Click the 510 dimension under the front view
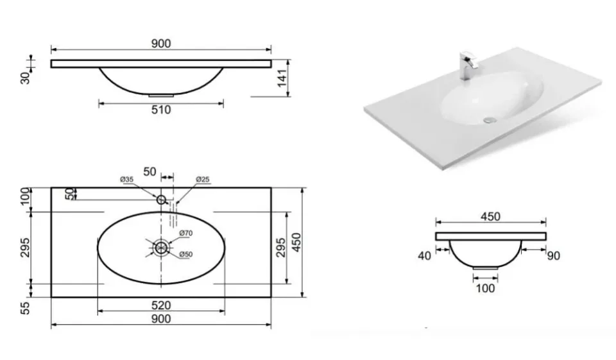pyautogui.click(x=161, y=110)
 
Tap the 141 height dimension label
pyautogui.click(x=282, y=78)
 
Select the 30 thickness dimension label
pyautogui.click(x=25, y=78)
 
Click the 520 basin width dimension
pyautogui.click(x=161, y=305)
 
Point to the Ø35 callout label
pyautogui.click(x=127, y=179)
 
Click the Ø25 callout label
pyautogui.click(x=203, y=179)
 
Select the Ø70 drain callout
pyautogui.click(x=186, y=233)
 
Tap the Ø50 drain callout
pyautogui.click(x=186, y=254)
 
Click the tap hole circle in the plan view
pyautogui.click(x=161, y=200)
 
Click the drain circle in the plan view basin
pyautogui.click(x=161, y=248)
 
